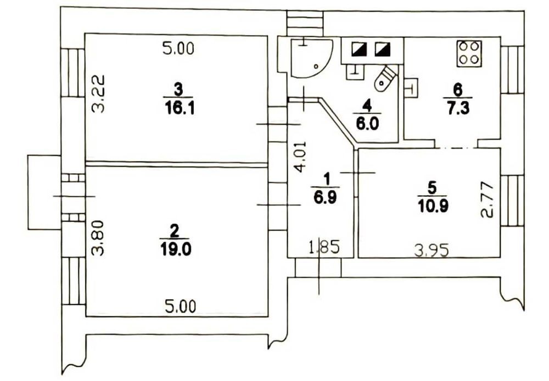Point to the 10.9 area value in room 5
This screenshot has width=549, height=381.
click(x=431, y=206)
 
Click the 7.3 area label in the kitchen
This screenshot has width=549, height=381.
click(x=458, y=107)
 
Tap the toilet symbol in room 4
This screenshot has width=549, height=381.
click(x=384, y=78)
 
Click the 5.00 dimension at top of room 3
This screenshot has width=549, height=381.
click(x=178, y=49)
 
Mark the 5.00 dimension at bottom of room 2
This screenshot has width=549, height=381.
click(x=179, y=306)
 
